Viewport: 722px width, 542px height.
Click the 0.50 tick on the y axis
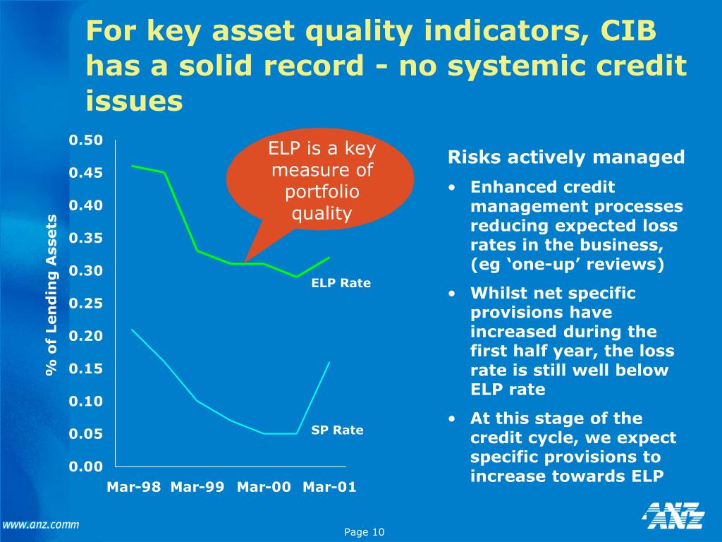(86, 140)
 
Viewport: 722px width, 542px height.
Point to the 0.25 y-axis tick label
(86, 303)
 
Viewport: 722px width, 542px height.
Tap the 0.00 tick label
(86, 466)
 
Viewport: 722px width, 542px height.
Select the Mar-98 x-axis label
(133, 487)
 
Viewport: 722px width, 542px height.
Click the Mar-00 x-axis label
(264, 487)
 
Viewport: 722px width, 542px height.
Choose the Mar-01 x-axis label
(329, 487)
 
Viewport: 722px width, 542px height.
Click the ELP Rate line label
(341, 284)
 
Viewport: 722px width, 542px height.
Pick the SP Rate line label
(337, 430)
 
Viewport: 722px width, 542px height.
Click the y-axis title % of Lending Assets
(51, 295)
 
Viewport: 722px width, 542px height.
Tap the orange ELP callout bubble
(322, 181)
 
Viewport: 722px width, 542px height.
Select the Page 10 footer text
(364, 532)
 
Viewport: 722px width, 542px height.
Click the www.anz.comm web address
(40, 524)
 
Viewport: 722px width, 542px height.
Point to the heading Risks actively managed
(566, 157)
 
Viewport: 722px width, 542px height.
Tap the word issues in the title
(134, 101)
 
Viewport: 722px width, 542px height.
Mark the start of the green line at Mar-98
(133, 166)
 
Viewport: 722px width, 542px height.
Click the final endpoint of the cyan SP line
(329, 362)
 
